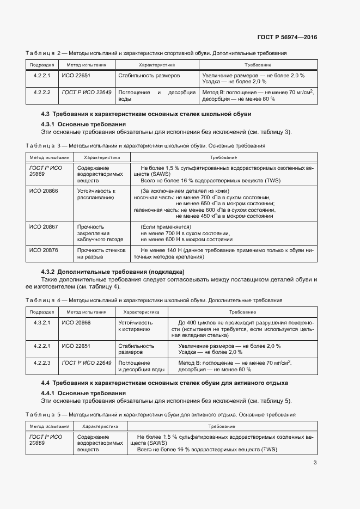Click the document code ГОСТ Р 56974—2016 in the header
pyautogui.click(x=286, y=38)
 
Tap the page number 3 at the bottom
pyautogui.click(x=315, y=463)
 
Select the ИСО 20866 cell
pyautogui.click(x=44, y=191)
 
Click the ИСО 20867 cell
pyautogui.click(x=44, y=226)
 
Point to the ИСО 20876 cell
pyautogui.click(x=44, y=250)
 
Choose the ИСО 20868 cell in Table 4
pyautogui.click(x=76, y=322)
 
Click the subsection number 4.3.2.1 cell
pyautogui.click(x=42, y=322)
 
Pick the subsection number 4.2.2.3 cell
pyautogui.click(x=42, y=363)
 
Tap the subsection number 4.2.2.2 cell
pyautogui.click(x=42, y=93)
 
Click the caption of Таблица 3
pyautogui.click(x=145, y=146)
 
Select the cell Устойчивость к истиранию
pyautogui.click(x=135, y=326)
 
